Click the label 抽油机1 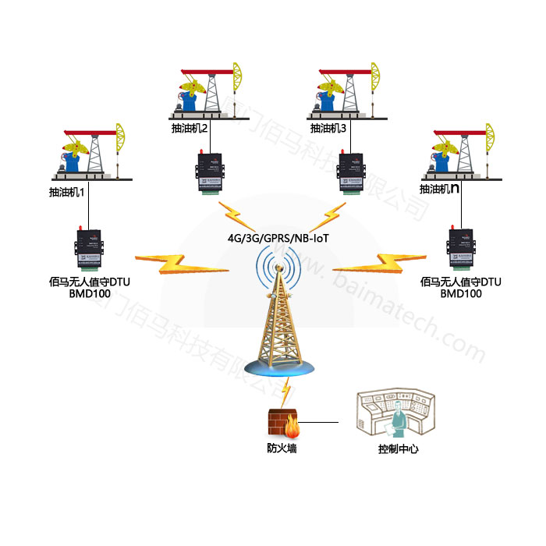66,190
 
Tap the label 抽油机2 190,128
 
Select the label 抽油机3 328,128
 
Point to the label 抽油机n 438,190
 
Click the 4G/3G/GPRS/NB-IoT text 274,235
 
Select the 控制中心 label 398,450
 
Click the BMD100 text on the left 88,294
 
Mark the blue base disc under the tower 281,367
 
